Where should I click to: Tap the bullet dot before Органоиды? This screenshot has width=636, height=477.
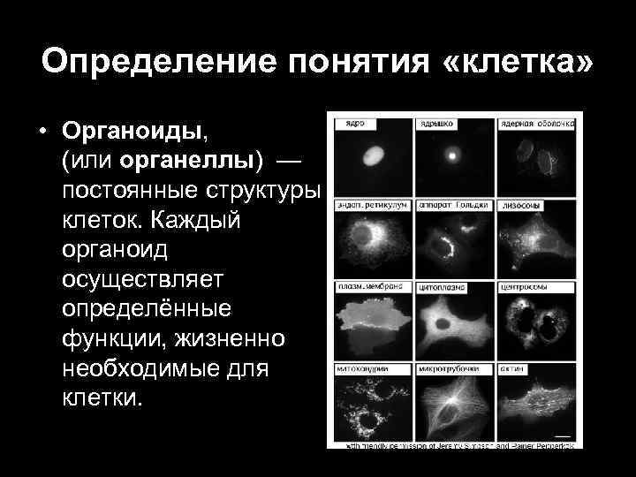click(42, 131)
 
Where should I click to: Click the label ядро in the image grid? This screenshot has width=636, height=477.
click(356, 123)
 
